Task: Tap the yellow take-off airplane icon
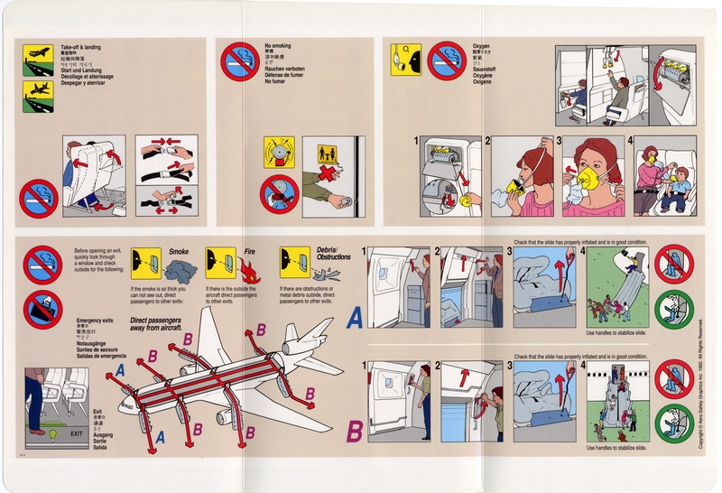pyautogui.click(x=37, y=56)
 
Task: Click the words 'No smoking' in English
pyautogui.click(x=279, y=45)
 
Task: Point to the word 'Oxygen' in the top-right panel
pyautogui.click(x=481, y=45)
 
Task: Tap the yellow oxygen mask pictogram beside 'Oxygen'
pyautogui.click(x=405, y=60)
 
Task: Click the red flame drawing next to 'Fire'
pyautogui.click(x=247, y=268)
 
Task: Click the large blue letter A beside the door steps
pyautogui.click(x=355, y=317)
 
